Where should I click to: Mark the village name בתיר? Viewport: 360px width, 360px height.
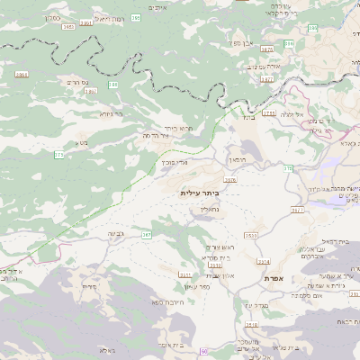(248, 116)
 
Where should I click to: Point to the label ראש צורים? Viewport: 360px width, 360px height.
(219, 247)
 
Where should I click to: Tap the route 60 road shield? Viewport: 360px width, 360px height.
(205, 350)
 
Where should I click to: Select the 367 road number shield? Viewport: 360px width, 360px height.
(146, 234)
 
